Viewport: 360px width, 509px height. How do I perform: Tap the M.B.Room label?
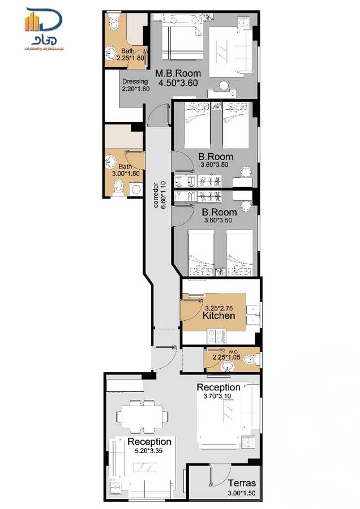pyautogui.click(x=178, y=74)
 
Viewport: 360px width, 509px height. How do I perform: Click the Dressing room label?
pyautogui.click(x=135, y=81)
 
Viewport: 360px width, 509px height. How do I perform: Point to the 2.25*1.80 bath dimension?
pyautogui.click(x=131, y=58)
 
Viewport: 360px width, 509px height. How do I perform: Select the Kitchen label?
pyautogui.click(x=218, y=316)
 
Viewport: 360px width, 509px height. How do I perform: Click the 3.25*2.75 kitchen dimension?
pyautogui.click(x=220, y=307)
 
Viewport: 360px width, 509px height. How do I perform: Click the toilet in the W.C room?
pyautogui.click(x=250, y=359)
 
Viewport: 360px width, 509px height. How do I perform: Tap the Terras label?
pyautogui.click(x=242, y=484)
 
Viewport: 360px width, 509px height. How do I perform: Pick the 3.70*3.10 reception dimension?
pyautogui.click(x=218, y=396)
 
